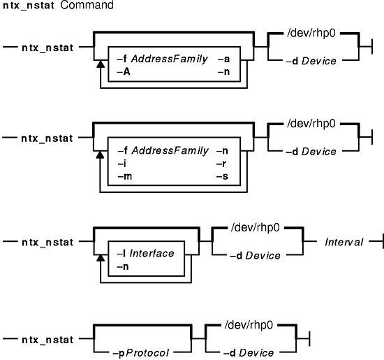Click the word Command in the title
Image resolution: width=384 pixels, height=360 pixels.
(87, 5)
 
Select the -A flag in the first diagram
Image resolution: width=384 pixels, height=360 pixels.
(124, 72)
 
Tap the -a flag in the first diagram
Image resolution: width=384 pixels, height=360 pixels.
(223, 59)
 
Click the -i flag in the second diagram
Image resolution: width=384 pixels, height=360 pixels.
(122, 164)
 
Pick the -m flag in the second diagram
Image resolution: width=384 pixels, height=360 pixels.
(125, 176)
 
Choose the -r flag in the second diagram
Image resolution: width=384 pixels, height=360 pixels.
(221, 164)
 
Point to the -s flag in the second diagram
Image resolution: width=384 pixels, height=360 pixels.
(222, 177)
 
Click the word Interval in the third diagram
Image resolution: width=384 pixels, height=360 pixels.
(344, 243)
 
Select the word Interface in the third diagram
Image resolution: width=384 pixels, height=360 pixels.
(152, 253)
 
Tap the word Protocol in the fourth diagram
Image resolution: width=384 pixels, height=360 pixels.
(148, 353)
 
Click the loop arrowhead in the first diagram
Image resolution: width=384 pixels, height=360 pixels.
(101, 64)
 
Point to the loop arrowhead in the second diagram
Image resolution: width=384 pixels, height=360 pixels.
(100, 154)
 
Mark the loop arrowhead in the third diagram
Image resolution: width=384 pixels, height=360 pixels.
(101, 258)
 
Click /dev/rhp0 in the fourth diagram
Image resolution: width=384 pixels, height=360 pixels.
(249, 326)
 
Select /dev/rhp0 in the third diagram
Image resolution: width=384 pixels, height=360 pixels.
(255, 228)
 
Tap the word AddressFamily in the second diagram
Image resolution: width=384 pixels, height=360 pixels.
(170, 150)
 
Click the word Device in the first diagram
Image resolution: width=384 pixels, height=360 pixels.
(318, 62)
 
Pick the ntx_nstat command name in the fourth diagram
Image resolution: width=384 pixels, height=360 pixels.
(47, 340)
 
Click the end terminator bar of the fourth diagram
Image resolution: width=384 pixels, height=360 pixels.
(309, 339)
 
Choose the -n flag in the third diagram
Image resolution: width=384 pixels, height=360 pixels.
(123, 266)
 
